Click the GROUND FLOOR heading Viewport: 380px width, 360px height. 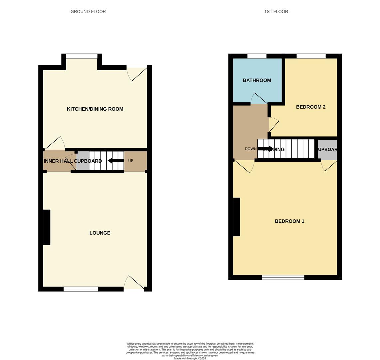pyautogui.click(x=88, y=12)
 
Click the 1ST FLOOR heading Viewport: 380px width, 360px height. pyautogui.click(x=276, y=12)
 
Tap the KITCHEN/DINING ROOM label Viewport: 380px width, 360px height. pyautogui.click(x=95, y=109)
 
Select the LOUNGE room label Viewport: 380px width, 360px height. pyautogui.click(x=100, y=233)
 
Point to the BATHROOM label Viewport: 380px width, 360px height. pyautogui.click(x=257, y=80)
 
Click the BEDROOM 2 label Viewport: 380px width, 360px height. pyautogui.click(x=311, y=107)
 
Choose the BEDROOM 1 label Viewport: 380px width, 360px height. pyautogui.click(x=289, y=221)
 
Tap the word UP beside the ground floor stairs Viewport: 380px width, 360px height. pyautogui.click(x=131, y=161)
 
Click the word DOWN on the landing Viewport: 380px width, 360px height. pyautogui.click(x=250, y=149)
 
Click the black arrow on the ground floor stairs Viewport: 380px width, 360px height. pyautogui.click(x=116, y=161)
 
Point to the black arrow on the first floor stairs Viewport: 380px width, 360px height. pyautogui.click(x=265, y=149)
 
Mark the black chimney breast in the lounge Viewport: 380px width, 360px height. pyautogui.click(x=47, y=227)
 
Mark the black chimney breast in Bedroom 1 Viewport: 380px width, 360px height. pyautogui.click(x=236, y=217)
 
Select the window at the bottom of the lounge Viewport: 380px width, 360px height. pyautogui.click(x=81, y=289)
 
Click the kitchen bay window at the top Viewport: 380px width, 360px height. pyautogui.click(x=82, y=56)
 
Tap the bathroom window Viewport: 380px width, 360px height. pyautogui.click(x=257, y=56)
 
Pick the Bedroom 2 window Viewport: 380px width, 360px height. pyautogui.click(x=311, y=56)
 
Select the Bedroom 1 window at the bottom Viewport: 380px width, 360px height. pyautogui.click(x=283, y=277)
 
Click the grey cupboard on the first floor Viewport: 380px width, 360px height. pyautogui.click(x=327, y=150)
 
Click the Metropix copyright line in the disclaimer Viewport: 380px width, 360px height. pyautogui.click(x=190, y=359)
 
